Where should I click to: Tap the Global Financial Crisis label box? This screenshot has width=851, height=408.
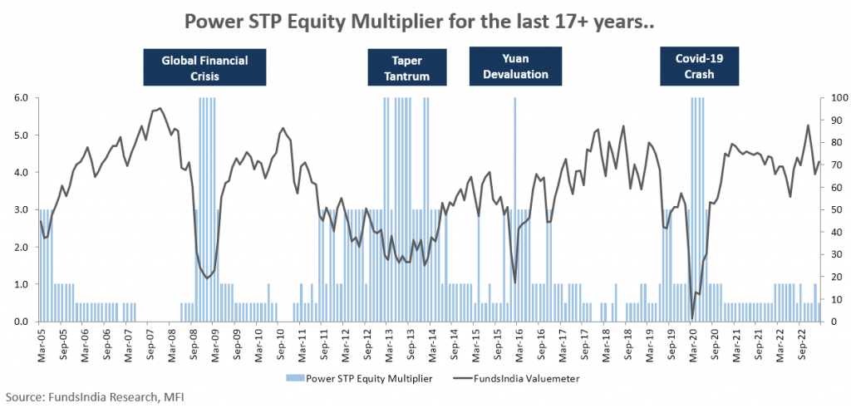[204, 67]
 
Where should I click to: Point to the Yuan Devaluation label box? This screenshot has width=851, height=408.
[514, 66]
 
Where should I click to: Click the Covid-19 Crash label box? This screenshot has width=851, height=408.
[701, 67]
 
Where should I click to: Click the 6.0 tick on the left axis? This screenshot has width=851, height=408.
[20, 98]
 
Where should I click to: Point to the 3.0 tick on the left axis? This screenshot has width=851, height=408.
[20, 210]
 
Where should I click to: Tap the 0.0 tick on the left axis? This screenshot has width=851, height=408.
[20, 322]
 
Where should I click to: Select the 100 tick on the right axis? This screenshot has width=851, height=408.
[834, 98]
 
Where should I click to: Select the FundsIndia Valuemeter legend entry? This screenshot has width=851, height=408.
[514, 378]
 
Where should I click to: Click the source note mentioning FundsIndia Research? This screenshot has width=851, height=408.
[91, 397]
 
